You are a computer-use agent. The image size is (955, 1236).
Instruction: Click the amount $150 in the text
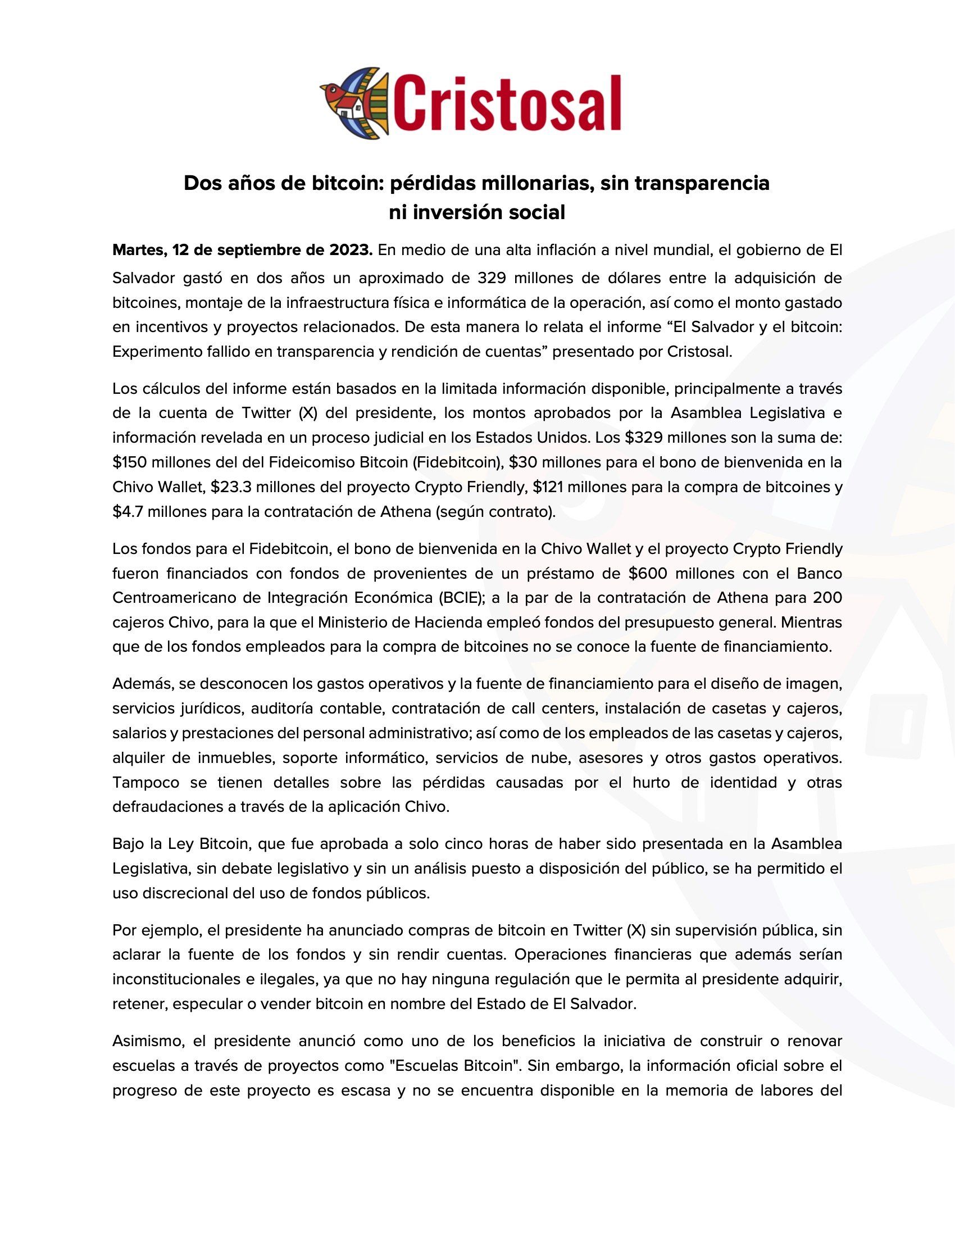pyautogui.click(x=128, y=462)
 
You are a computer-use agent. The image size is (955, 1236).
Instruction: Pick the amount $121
pyautogui.click(x=548, y=487)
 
